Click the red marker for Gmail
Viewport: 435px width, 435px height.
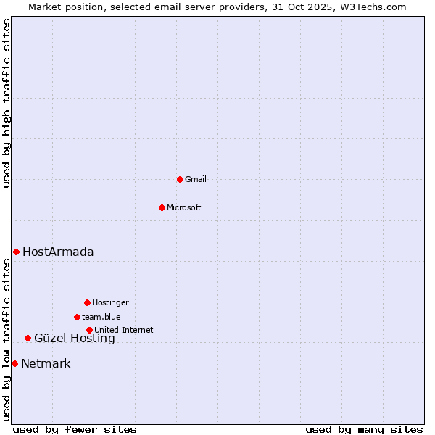tap(180, 179)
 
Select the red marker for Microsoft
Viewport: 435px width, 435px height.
tap(162, 207)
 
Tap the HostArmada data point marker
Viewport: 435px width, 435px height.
tap(16, 252)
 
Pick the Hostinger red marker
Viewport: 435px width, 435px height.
tap(87, 302)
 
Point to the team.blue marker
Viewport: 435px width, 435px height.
tap(77, 317)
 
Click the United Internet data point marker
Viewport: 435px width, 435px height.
tap(89, 330)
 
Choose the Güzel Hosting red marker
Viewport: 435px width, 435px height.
tap(28, 338)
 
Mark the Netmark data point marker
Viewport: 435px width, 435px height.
tap(14, 363)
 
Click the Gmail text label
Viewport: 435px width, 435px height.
tap(196, 179)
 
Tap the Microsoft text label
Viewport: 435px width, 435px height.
tap(184, 207)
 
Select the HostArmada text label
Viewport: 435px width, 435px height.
tap(58, 252)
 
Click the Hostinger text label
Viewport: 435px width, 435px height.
tap(110, 302)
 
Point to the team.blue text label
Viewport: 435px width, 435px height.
tap(101, 317)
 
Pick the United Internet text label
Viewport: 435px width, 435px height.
tap(124, 330)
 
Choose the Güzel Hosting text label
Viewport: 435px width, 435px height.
tap(75, 339)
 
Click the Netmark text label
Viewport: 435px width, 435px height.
tap(46, 364)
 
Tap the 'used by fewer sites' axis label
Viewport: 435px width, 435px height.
tap(75, 429)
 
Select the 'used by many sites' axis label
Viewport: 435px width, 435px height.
tap(364, 429)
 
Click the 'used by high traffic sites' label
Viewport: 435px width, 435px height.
tap(7, 103)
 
